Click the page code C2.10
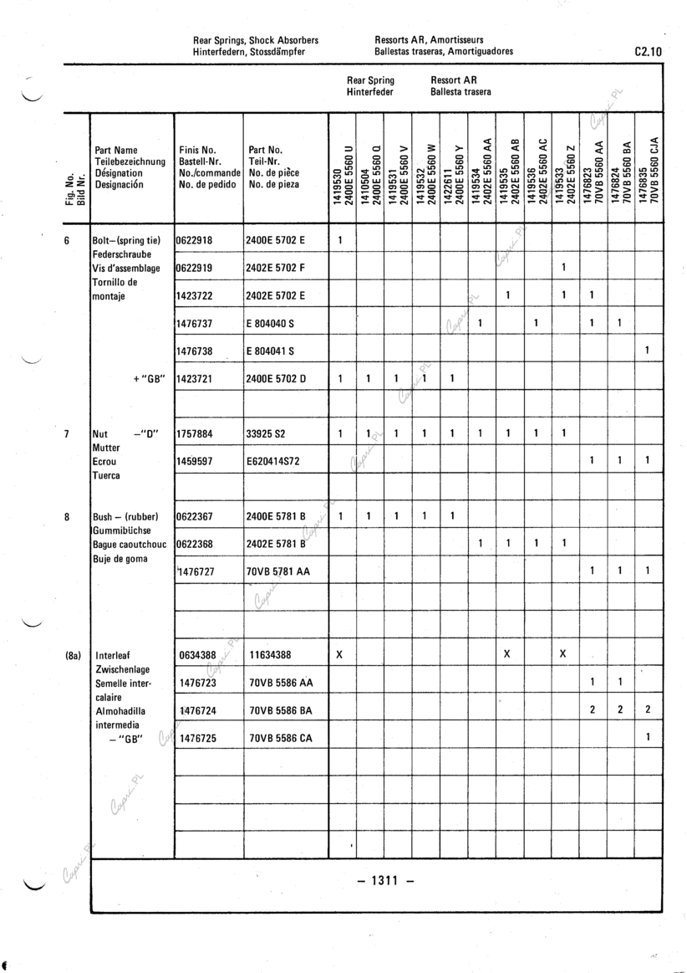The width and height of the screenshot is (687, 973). click(x=648, y=51)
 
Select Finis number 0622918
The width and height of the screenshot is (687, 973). click(x=196, y=240)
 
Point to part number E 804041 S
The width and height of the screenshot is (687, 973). click(x=270, y=351)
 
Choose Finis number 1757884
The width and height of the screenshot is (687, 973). click(x=196, y=433)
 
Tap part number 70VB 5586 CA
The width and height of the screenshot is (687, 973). click(x=281, y=739)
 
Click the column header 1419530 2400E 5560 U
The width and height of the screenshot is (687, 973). click(x=342, y=171)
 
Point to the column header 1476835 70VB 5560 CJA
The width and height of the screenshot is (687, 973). click(x=649, y=171)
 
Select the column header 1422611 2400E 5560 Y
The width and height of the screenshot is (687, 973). click(x=453, y=171)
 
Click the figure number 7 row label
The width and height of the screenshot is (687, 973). click(x=66, y=433)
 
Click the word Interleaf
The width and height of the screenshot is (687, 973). click(x=112, y=656)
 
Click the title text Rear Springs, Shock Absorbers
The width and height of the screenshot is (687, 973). click(x=256, y=39)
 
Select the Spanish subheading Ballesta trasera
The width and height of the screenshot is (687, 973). click(x=461, y=91)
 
